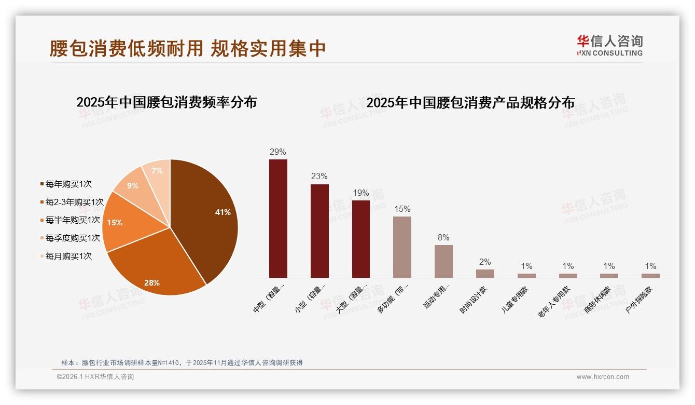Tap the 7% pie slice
(157, 174)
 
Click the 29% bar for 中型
(278, 218)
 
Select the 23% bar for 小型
(319, 231)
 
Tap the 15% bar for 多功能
(402, 247)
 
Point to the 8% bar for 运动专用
(443, 261)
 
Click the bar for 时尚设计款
(485, 274)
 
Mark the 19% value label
(360, 193)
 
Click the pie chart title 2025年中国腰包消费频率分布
(166, 102)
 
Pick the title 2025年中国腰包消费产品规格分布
(470, 103)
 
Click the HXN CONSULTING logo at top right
(609, 46)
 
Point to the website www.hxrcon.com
(603, 377)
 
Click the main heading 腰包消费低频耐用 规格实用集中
(187, 48)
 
